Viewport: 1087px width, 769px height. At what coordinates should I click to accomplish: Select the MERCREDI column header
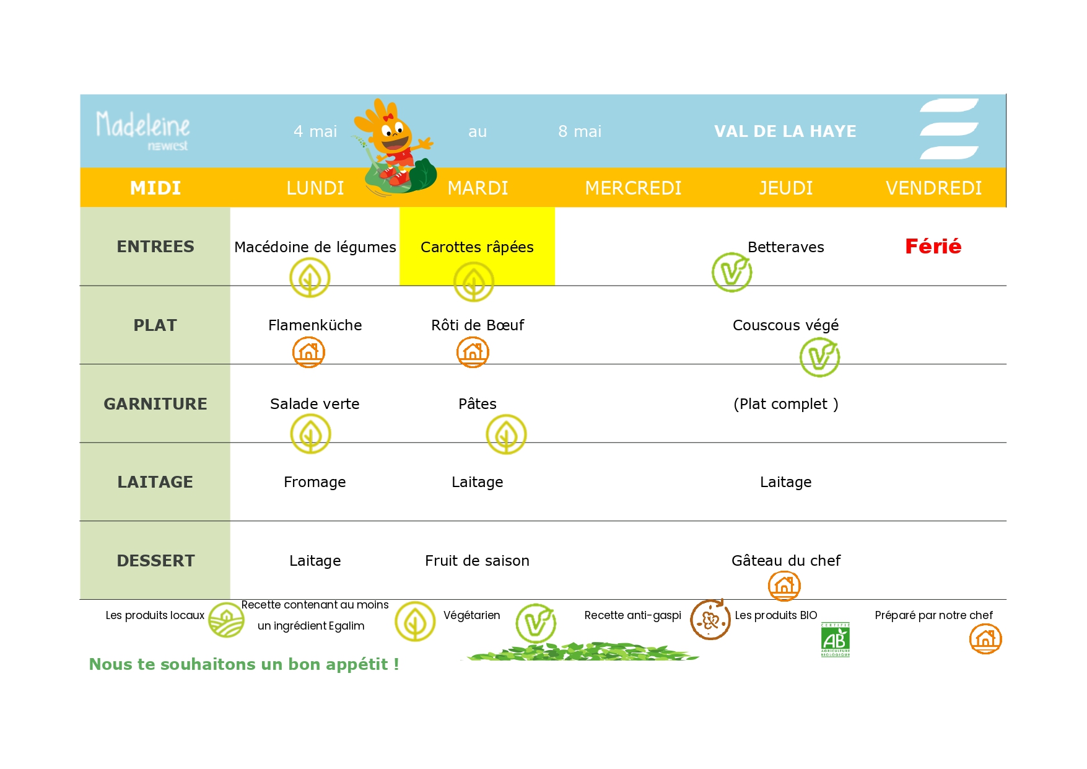(x=633, y=188)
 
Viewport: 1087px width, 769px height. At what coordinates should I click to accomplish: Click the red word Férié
(x=933, y=247)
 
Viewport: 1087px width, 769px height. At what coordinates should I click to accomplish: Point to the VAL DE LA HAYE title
(x=785, y=131)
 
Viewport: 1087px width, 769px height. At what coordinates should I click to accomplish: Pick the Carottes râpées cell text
(x=477, y=247)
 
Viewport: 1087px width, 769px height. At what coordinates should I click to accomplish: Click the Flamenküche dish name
(x=315, y=325)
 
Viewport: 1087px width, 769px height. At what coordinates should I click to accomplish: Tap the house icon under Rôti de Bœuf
(x=473, y=352)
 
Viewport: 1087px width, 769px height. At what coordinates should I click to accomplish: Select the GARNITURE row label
(x=155, y=404)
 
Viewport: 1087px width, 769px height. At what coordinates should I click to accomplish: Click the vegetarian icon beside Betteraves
(x=731, y=272)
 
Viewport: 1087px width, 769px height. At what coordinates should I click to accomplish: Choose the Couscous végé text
(x=785, y=325)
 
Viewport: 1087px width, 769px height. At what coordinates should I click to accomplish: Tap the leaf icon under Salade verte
(x=310, y=434)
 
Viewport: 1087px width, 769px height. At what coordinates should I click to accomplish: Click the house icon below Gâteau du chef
(x=784, y=586)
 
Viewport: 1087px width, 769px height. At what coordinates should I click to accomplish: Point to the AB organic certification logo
(x=835, y=639)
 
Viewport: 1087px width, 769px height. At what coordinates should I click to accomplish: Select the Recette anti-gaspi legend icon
(x=710, y=619)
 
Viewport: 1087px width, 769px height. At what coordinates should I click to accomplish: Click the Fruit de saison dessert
(x=477, y=561)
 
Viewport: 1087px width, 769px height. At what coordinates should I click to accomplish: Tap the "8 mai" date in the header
(x=580, y=131)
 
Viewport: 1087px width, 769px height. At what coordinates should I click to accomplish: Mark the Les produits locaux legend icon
(x=226, y=620)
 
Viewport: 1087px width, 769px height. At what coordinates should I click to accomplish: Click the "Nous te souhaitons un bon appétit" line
(x=244, y=664)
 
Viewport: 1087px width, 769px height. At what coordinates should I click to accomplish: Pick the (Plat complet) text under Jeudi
(x=785, y=404)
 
